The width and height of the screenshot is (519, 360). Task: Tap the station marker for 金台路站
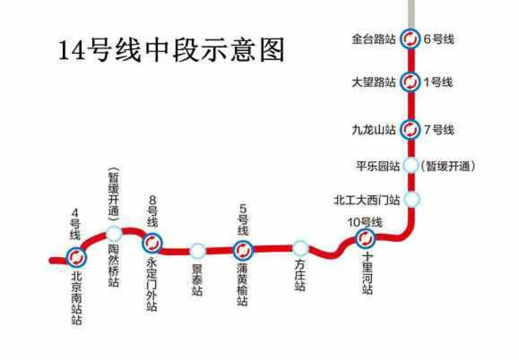tap(409, 39)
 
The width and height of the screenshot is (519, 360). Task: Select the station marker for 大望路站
tap(409, 81)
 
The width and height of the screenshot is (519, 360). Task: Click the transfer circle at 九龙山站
tap(409, 129)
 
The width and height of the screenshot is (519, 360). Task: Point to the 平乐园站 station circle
tap(412, 166)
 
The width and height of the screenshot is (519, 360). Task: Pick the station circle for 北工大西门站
tap(412, 199)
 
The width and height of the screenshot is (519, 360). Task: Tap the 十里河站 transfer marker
tap(365, 237)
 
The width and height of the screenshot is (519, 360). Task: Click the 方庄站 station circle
tap(300, 248)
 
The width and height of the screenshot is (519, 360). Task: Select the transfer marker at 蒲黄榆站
tap(242, 249)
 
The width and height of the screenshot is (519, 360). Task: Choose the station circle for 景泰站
tap(198, 250)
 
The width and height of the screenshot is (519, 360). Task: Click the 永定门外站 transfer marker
tap(152, 243)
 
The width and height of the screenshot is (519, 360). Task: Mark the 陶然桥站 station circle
tap(114, 234)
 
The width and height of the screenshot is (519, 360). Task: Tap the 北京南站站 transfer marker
tap(76, 258)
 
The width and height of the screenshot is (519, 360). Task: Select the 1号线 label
tap(438, 82)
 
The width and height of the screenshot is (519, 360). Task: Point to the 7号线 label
tap(439, 130)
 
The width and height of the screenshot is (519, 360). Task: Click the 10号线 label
tap(364, 222)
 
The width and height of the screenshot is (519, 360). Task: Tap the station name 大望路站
tap(374, 82)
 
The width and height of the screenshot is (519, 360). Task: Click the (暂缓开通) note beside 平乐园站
tap(449, 166)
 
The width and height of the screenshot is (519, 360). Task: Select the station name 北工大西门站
tap(366, 199)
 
